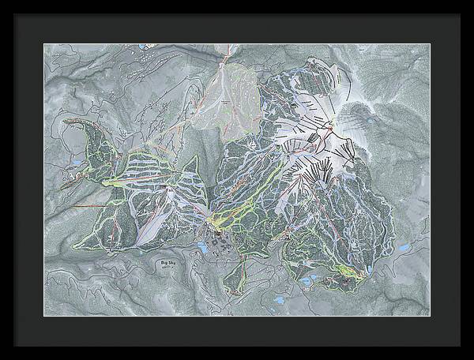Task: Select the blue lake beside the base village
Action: pos(202,247)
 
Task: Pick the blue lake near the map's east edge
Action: pos(404,248)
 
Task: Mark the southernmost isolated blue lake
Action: pos(278,300)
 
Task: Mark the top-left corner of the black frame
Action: pos(15,15)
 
